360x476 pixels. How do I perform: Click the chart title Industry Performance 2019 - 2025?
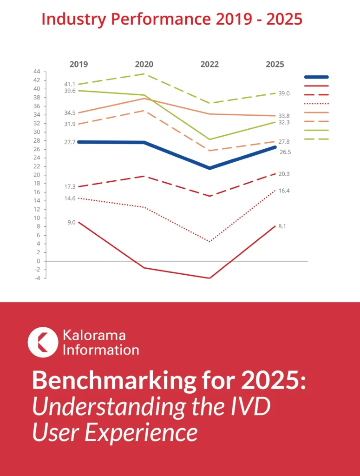click(x=172, y=20)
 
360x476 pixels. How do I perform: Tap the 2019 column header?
click(x=79, y=65)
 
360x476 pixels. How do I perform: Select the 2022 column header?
click(x=209, y=65)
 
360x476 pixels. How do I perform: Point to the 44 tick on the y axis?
click(x=37, y=72)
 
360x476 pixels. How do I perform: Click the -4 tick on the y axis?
click(x=37, y=278)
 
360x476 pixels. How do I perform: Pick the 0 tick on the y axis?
click(x=38, y=261)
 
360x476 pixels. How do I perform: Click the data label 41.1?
click(x=70, y=84)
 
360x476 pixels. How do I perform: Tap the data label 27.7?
click(x=70, y=142)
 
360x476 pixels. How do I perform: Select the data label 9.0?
click(x=71, y=222)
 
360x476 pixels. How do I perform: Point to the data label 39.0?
click(x=284, y=93)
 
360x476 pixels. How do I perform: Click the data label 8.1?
click(x=282, y=226)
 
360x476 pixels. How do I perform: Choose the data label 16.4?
click(x=284, y=191)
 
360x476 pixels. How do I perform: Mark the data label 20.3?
click(x=284, y=174)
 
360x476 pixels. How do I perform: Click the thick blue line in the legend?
click(x=316, y=77)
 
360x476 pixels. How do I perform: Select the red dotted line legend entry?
click(x=316, y=104)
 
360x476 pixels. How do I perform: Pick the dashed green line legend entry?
click(x=316, y=139)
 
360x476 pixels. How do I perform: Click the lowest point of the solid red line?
click(x=209, y=278)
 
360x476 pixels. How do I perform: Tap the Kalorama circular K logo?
click(x=43, y=342)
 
